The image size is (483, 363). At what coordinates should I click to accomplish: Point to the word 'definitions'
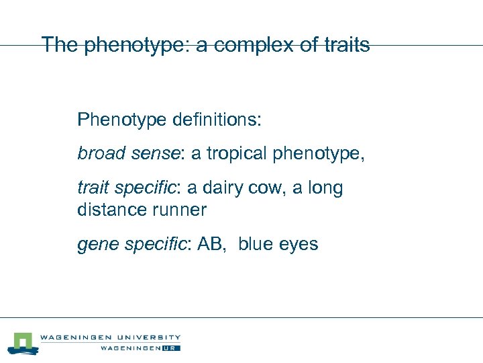click(217, 120)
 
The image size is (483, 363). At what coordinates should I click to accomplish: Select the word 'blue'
click(256, 244)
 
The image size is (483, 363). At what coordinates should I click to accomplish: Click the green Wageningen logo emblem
click(21, 343)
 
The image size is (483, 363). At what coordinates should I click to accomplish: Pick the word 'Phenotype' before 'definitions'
click(121, 121)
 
